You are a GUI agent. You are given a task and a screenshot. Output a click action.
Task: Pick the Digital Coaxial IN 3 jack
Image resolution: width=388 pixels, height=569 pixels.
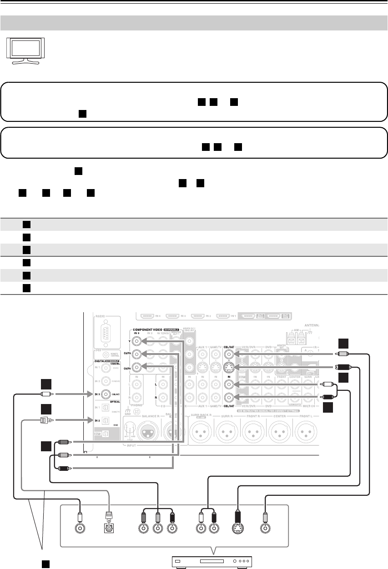click(x=106, y=394)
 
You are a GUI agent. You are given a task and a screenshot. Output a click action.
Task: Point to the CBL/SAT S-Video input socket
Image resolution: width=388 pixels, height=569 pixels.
click(x=229, y=369)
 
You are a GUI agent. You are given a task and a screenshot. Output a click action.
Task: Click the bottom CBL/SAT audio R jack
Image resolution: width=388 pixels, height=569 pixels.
click(x=229, y=399)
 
